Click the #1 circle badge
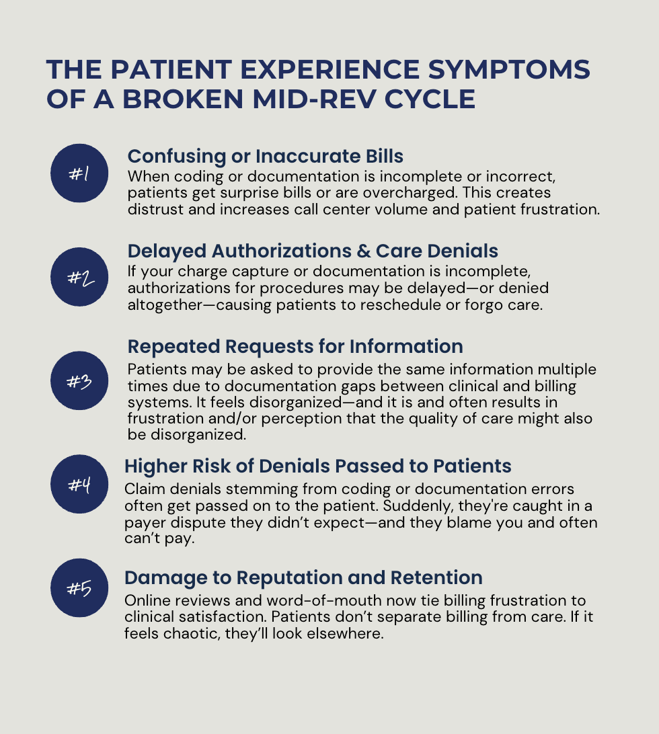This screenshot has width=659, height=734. (79, 173)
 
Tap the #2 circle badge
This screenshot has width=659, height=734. (79, 277)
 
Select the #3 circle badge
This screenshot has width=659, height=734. (79, 380)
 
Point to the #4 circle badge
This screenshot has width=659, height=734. (79, 484)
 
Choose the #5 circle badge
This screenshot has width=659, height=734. (79, 587)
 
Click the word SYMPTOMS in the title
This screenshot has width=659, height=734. (509, 70)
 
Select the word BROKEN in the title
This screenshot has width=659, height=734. (183, 99)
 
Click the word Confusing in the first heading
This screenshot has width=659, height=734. (177, 157)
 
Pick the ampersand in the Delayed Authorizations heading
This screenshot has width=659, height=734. (363, 251)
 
